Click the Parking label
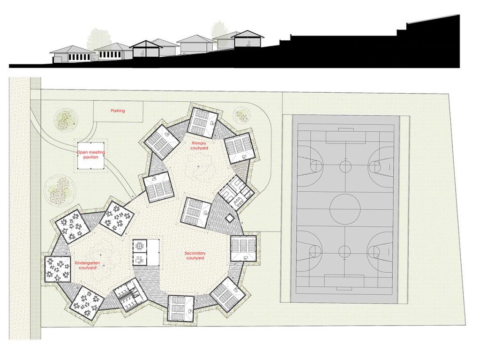pyautogui.click(x=118, y=111)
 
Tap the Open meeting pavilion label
pyautogui.click(x=91, y=155)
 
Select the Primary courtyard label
pyautogui.click(x=199, y=146)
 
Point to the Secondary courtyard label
pyautogui.click(x=195, y=255)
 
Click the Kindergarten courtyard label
pyautogui.click(x=88, y=265)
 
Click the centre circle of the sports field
pyautogui.click(x=345, y=209)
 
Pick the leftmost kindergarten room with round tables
pyautogui.click(x=58, y=270)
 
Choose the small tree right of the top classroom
pyautogui.click(x=241, y=115)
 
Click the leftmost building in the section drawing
pyautogui.click(x=73, y=54)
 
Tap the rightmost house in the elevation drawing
pyautogui.click(x=247, y=39)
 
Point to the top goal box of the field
pyautogui.click(x=346, y=137)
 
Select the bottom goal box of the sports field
pyautogui.click(x=345, y=281)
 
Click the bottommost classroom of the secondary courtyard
pyautogui.click(x=181, y=309)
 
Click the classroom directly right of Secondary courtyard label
pyautogui.click(x=243, y=248)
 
